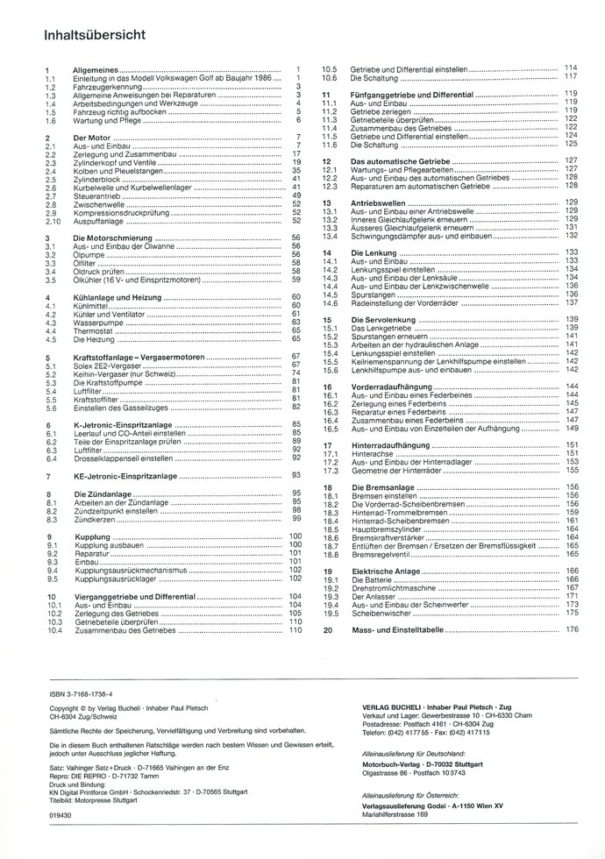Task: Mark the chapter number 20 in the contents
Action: coord(327,629)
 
